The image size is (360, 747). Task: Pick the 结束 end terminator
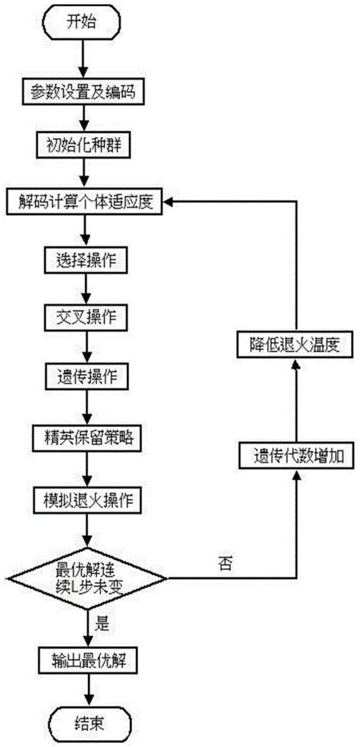(x=89, y=722)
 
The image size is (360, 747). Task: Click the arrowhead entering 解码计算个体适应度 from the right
(x=174, y=203)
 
